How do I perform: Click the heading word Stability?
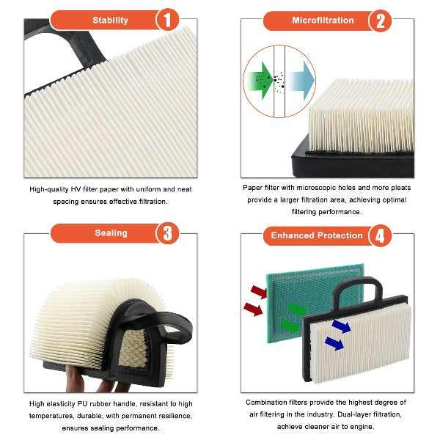pyautogui.click(x=110, y=21)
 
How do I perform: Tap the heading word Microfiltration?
pyautogui.click(x=323, y=21)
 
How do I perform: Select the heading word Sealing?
pyautogui.click(x=111, y=233)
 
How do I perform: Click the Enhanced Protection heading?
pyautogui.click(x=317, y=235)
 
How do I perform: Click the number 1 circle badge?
pyautogui.click(x=167, y=20)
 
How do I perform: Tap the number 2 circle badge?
pyautogui.click(x=380, y=21)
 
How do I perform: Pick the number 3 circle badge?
pyautogui.click(x=167, y=233)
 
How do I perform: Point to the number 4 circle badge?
pyautogui.click(x=380, y=235)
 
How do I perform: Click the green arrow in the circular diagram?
pyautogui.click(x=259, y=81)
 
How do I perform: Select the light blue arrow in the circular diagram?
pyautogui.click(x=300, y=81)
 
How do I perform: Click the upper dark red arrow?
pyautogui.click(x=259, y=292)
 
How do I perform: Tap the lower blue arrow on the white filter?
pyautogui.click(x=334, y=343)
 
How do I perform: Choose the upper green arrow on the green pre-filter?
pyautogui.click(x=297, y=309)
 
